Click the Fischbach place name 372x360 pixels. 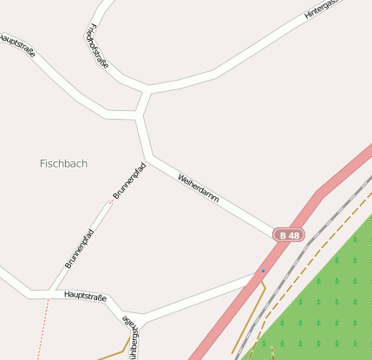pyautogui.click(x=63, y=163)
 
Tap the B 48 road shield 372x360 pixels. pyautogui.click(x=289, y=235)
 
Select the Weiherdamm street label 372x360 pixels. pyautogui.click(x=198, y=188)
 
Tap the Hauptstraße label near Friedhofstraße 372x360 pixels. pyautogui.click(x=17, y=44)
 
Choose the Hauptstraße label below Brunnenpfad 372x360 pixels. pyautogui.click(x=85, y=297)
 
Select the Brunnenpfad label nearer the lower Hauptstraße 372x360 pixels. pyautogui.click(x=79, y=248)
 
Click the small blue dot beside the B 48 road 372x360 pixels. pyautogui.click(x=263, y=271)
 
